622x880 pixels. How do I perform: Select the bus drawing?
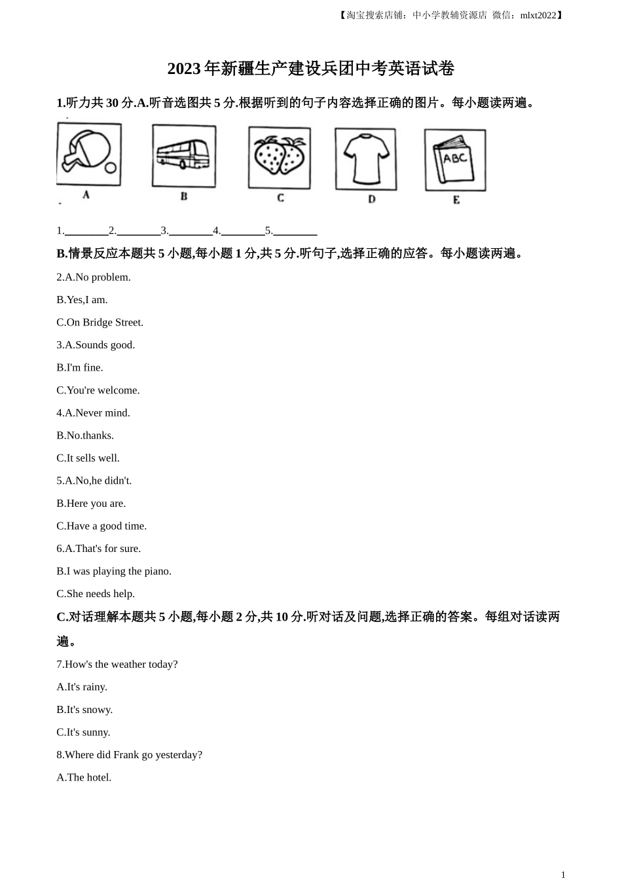tap(183, 156)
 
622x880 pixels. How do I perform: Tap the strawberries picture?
tap(280, 158)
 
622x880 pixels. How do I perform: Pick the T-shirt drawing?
tap(365, 159)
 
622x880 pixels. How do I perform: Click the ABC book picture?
tap(455, 160)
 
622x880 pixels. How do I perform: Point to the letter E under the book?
tap(456, 200)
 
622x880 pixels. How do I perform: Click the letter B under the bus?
tap(184, 196)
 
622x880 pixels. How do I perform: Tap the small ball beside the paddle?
tap(111, 168)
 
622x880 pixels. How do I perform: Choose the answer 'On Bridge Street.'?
tap(105, 322)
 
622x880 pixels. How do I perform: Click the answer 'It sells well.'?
tap(93, 458)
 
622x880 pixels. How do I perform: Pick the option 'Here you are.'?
tap(96, 504)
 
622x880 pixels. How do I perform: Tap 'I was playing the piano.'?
tap(119, 572)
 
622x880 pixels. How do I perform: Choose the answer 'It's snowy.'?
tap(90, 710)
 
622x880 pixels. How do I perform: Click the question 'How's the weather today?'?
tap(121, 665)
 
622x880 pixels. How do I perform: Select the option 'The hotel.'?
tap(89, 778)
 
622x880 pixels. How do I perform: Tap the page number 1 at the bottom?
tap(563, 874)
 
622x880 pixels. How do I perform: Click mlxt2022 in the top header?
tap(538, 15)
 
